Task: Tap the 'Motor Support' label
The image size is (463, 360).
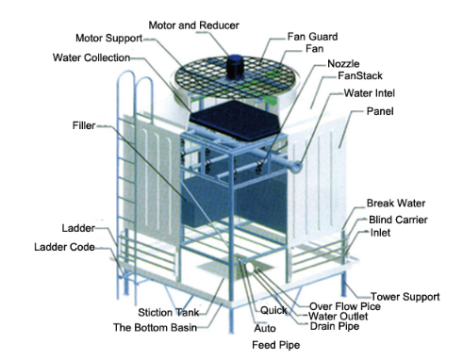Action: [x=108, y=39]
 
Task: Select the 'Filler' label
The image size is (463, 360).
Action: [x=82, y=124]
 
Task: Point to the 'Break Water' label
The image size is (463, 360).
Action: [x=396, y=203]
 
